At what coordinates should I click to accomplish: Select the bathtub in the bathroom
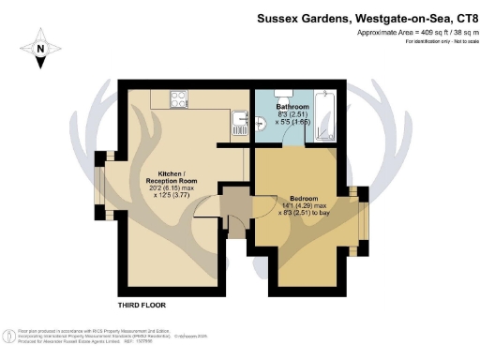(x=327, y=117)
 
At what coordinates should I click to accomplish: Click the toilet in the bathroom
(x=280, y=94)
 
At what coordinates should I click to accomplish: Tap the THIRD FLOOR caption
(x=143, y=305)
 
